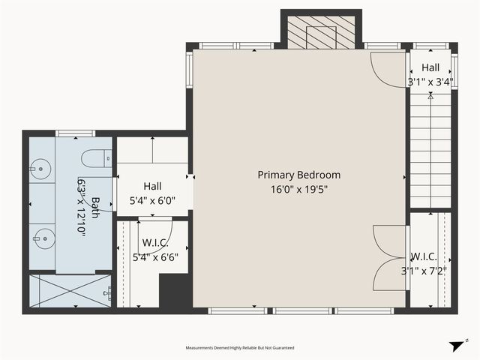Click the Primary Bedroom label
298,175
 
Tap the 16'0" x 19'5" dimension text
298,190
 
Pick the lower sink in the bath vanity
44,238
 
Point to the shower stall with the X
70,290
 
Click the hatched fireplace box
321,32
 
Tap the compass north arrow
458,346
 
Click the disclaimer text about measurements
240,348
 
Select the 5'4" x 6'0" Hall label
152,193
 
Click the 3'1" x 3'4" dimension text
430,82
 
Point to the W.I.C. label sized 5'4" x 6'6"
155,250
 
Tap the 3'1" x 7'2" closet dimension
424,271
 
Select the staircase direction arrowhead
430,97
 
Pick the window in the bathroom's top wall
75,133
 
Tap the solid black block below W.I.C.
174,291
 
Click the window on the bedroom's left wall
190,69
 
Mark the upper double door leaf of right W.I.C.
390,241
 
